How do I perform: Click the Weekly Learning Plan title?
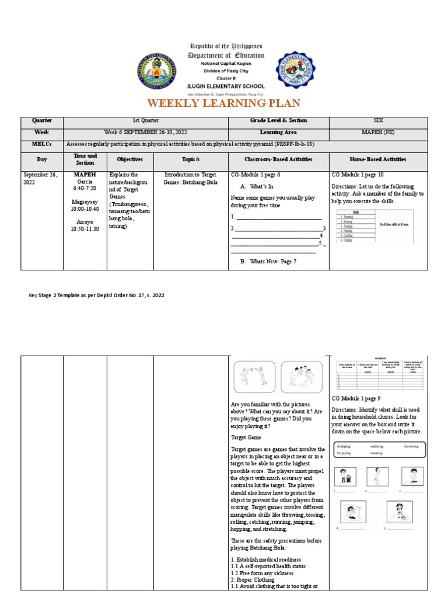tap(224, 104)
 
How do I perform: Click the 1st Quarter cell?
tap(145, 120)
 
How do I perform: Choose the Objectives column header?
tap(129, 159)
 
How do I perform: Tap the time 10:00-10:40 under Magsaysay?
tap(86, 208)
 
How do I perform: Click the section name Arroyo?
tap(86, 221)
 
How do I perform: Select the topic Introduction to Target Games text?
tap(190, 178)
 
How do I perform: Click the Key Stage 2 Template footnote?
tap(97, 295)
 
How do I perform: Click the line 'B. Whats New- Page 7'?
tap(268, 261)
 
